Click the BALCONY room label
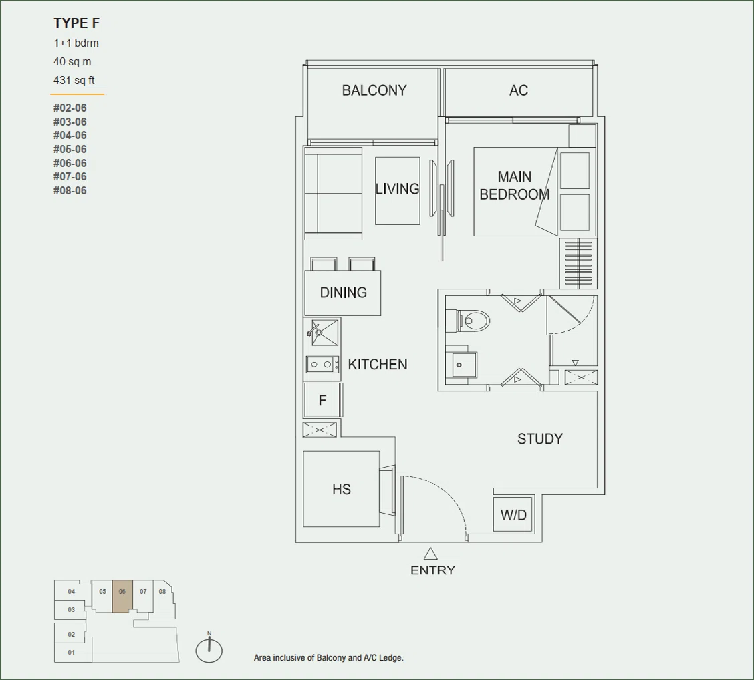pyautogui.click(x=374, y=90)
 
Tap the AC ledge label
pyautogui.click(x=519, y=90)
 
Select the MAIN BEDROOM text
pyautogui.click(x=515, y=186)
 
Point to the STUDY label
pyautogui.click(x=540, y=439)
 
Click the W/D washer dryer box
pyautogui.click(x=513, y=515)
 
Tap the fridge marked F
pyautogui.click(x=323, y=400)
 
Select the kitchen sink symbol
pyautogui.click(x=324, y=333)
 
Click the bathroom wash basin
pyautogui.click(x=461, y=365)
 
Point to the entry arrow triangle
pyautogui.click(x=430, y=554)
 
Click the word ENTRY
pyautogui.click(x=432, y=570)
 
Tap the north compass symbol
pyautogui.click(x=209, y=649)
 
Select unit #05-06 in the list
pyautogui.click(x=70, y=149)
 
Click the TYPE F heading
pyautogui.click(x=76, y=23)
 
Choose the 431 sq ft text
pyautogui.click(x=74, y=80)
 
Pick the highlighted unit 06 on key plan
pyautogui.click(x=122, y=596)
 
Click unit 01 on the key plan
pyautogui.click(x=71, y=653)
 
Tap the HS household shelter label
pyautogui.click(x=342, y=489)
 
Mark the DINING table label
pyautogui.click(x=344, y=292)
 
